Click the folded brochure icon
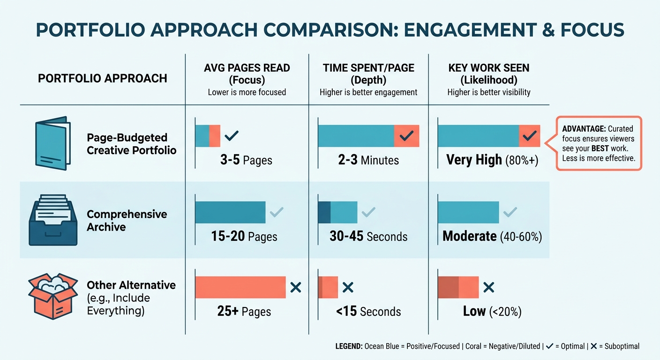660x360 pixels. tap(53, 143)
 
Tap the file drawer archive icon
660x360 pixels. tap(53, 220)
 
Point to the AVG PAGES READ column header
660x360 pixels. tap(247, 74)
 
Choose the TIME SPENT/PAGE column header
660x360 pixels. tap(368, 74)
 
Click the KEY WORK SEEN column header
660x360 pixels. tap(489, 74)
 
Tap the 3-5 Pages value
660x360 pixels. tap(246, 160)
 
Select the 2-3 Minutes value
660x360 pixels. tap(368, 160)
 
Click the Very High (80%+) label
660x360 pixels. tap(492, 160)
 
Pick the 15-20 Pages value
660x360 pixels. tap(244, 236)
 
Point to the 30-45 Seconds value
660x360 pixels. tap(368, 236)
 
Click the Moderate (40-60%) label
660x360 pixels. tap(492, 236)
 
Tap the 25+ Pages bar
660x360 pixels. tap(240, 287)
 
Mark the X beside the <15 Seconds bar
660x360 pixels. tap(348, 287)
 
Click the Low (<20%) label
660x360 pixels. tap(492, 311)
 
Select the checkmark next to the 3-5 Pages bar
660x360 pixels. tap(232, 136)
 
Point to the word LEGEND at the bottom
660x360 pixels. tap(349, 346)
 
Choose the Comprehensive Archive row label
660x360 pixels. tap(127, 220)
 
